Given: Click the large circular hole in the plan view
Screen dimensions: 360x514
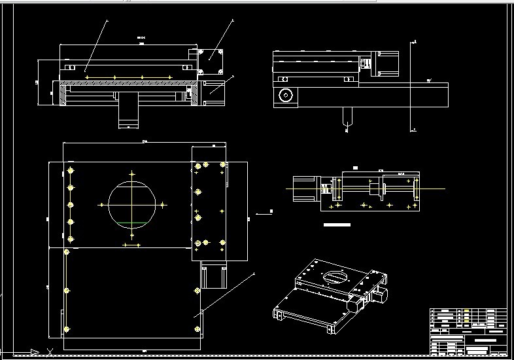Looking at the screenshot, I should [132, 204].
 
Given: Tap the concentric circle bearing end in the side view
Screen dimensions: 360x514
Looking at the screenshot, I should [285, 96].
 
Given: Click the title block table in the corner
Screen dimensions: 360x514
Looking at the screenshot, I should [468, 332].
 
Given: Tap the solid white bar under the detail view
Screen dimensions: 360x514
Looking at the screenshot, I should [337, 225].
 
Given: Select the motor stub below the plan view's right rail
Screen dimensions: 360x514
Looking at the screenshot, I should [214, 276].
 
